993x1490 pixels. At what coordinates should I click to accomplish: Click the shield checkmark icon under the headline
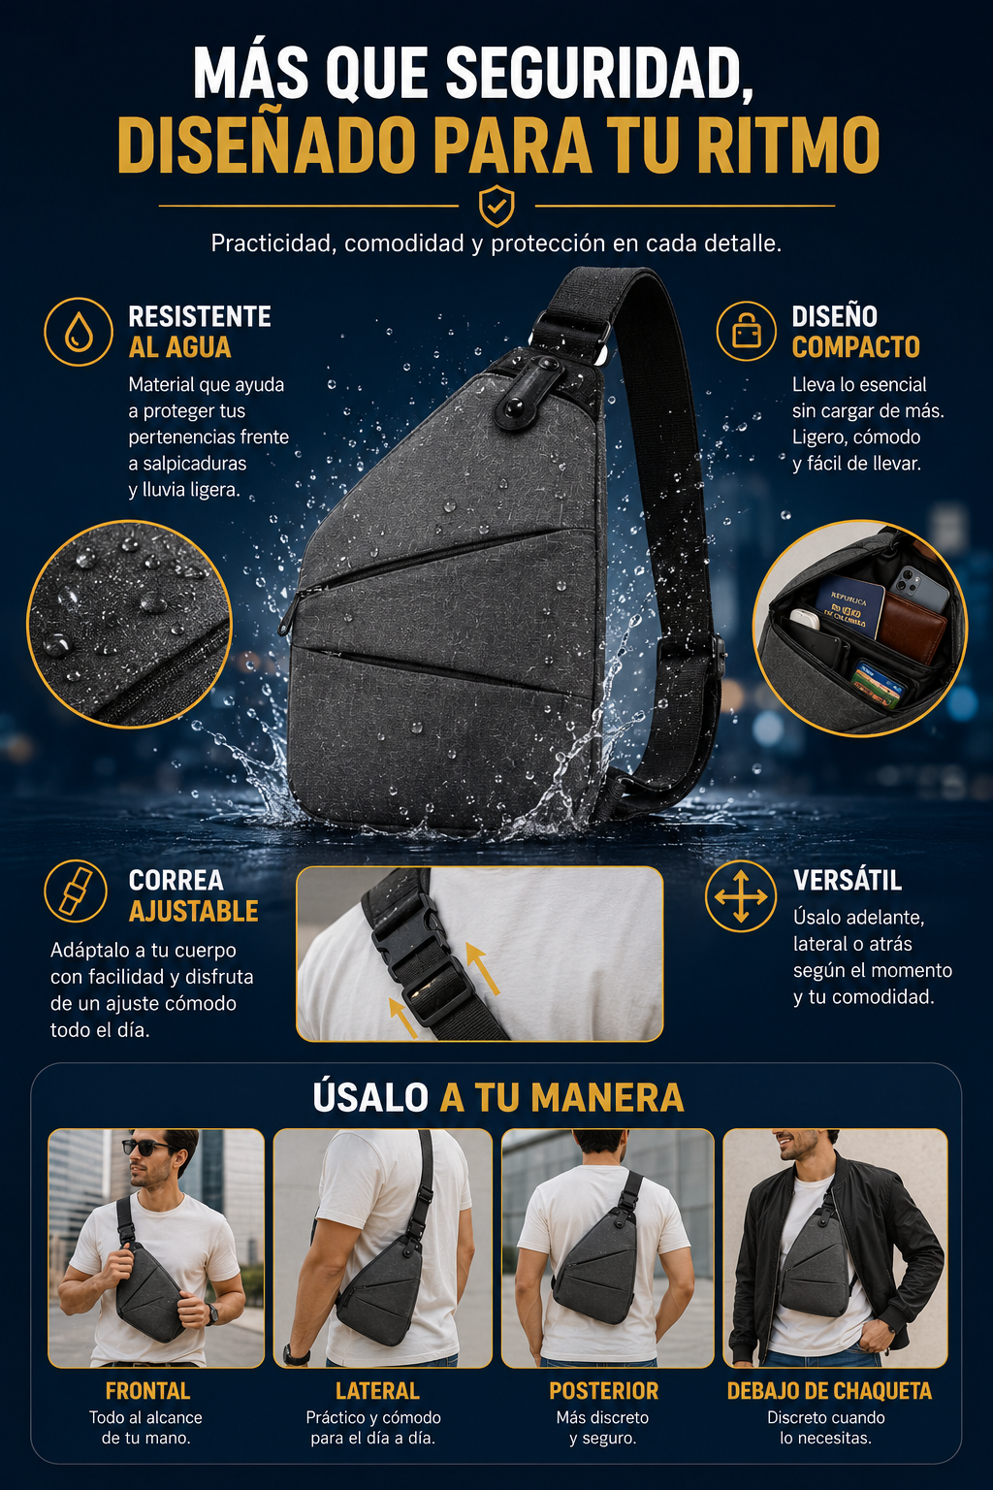pos(496,207)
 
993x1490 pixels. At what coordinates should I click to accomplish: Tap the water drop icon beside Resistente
pos(79,332)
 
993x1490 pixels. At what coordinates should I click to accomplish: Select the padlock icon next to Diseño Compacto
pos(747,331)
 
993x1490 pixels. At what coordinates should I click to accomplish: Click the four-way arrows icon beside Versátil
pos(740,896)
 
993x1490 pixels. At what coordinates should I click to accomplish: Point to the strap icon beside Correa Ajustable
pos(76,891)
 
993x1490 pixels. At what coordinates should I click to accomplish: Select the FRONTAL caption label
pos(147,1391)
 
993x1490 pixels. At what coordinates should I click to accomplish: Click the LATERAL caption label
pos(377,1391)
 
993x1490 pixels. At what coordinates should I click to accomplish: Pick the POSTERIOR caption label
pos(603,1391)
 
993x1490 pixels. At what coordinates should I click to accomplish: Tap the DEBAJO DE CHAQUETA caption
pos(829,1391)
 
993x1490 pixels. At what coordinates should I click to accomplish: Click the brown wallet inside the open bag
pos(912,627)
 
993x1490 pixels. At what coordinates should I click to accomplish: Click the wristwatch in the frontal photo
pos(211,1310)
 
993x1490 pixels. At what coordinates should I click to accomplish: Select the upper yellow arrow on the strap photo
pos(482,967)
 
